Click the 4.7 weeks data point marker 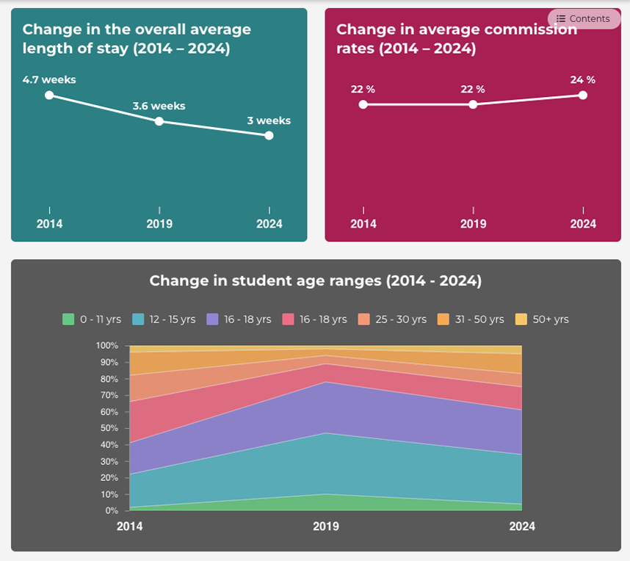49,95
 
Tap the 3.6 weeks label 159,106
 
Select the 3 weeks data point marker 269,135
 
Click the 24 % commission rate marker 583,95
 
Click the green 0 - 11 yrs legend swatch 68,319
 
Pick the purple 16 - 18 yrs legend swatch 213,319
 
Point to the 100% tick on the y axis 106,345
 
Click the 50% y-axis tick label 109,428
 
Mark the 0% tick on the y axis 112,510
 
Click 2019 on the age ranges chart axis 326,526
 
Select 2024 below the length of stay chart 269,224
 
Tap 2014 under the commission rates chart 363,224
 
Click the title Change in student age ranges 315,280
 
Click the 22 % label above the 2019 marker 473,89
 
